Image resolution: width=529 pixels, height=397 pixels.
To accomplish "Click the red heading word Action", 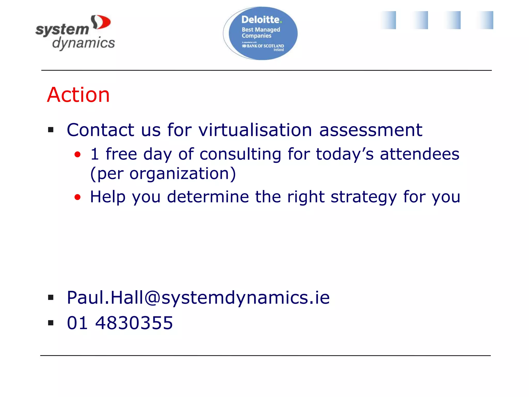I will [78, 95].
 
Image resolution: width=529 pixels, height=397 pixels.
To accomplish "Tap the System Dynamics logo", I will [75, 33].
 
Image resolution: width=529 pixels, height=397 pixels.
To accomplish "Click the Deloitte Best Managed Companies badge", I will [261, 33].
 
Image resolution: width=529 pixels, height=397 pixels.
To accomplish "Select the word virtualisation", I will [255, 130].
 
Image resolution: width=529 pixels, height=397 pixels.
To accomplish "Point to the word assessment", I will [371, 130].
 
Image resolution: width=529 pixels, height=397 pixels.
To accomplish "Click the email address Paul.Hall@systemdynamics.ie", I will [198, 298].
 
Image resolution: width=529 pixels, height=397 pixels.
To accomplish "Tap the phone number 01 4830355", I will [120, 323].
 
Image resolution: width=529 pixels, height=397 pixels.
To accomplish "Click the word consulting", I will [240, 154].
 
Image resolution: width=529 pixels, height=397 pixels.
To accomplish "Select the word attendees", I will [419, 154].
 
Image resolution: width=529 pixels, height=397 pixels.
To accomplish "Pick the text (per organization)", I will [163, 173].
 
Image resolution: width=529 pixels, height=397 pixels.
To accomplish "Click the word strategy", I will [364, 197].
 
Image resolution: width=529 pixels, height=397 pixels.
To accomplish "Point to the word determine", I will [208, 197].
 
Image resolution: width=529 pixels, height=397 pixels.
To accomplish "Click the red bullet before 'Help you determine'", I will [77, 197].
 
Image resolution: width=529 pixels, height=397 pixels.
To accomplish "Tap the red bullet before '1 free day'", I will [77, 155].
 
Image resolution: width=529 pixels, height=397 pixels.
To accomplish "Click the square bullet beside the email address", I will [51, 297].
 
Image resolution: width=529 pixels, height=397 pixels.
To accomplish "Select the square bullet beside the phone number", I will [51, 323].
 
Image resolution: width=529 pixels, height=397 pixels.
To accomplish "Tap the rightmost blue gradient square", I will [486, 20].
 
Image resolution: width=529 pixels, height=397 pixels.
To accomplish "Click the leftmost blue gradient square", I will [388, 20].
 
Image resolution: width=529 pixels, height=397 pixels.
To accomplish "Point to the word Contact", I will [100, 130].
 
